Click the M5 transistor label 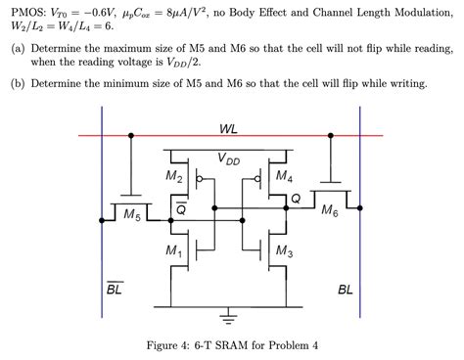(x=132, y=212)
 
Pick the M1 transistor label (x=173, y=252)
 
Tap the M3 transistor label (x=284, y=252)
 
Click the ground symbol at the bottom (x=229, y=313)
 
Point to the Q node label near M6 (x=296, y=199)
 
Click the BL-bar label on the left (x=114, y=289)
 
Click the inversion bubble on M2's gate (x=202, y=180)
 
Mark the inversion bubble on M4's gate (x=256, y=180)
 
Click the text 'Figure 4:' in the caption (x=168, y=344)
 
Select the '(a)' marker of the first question (x=17, y=46)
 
